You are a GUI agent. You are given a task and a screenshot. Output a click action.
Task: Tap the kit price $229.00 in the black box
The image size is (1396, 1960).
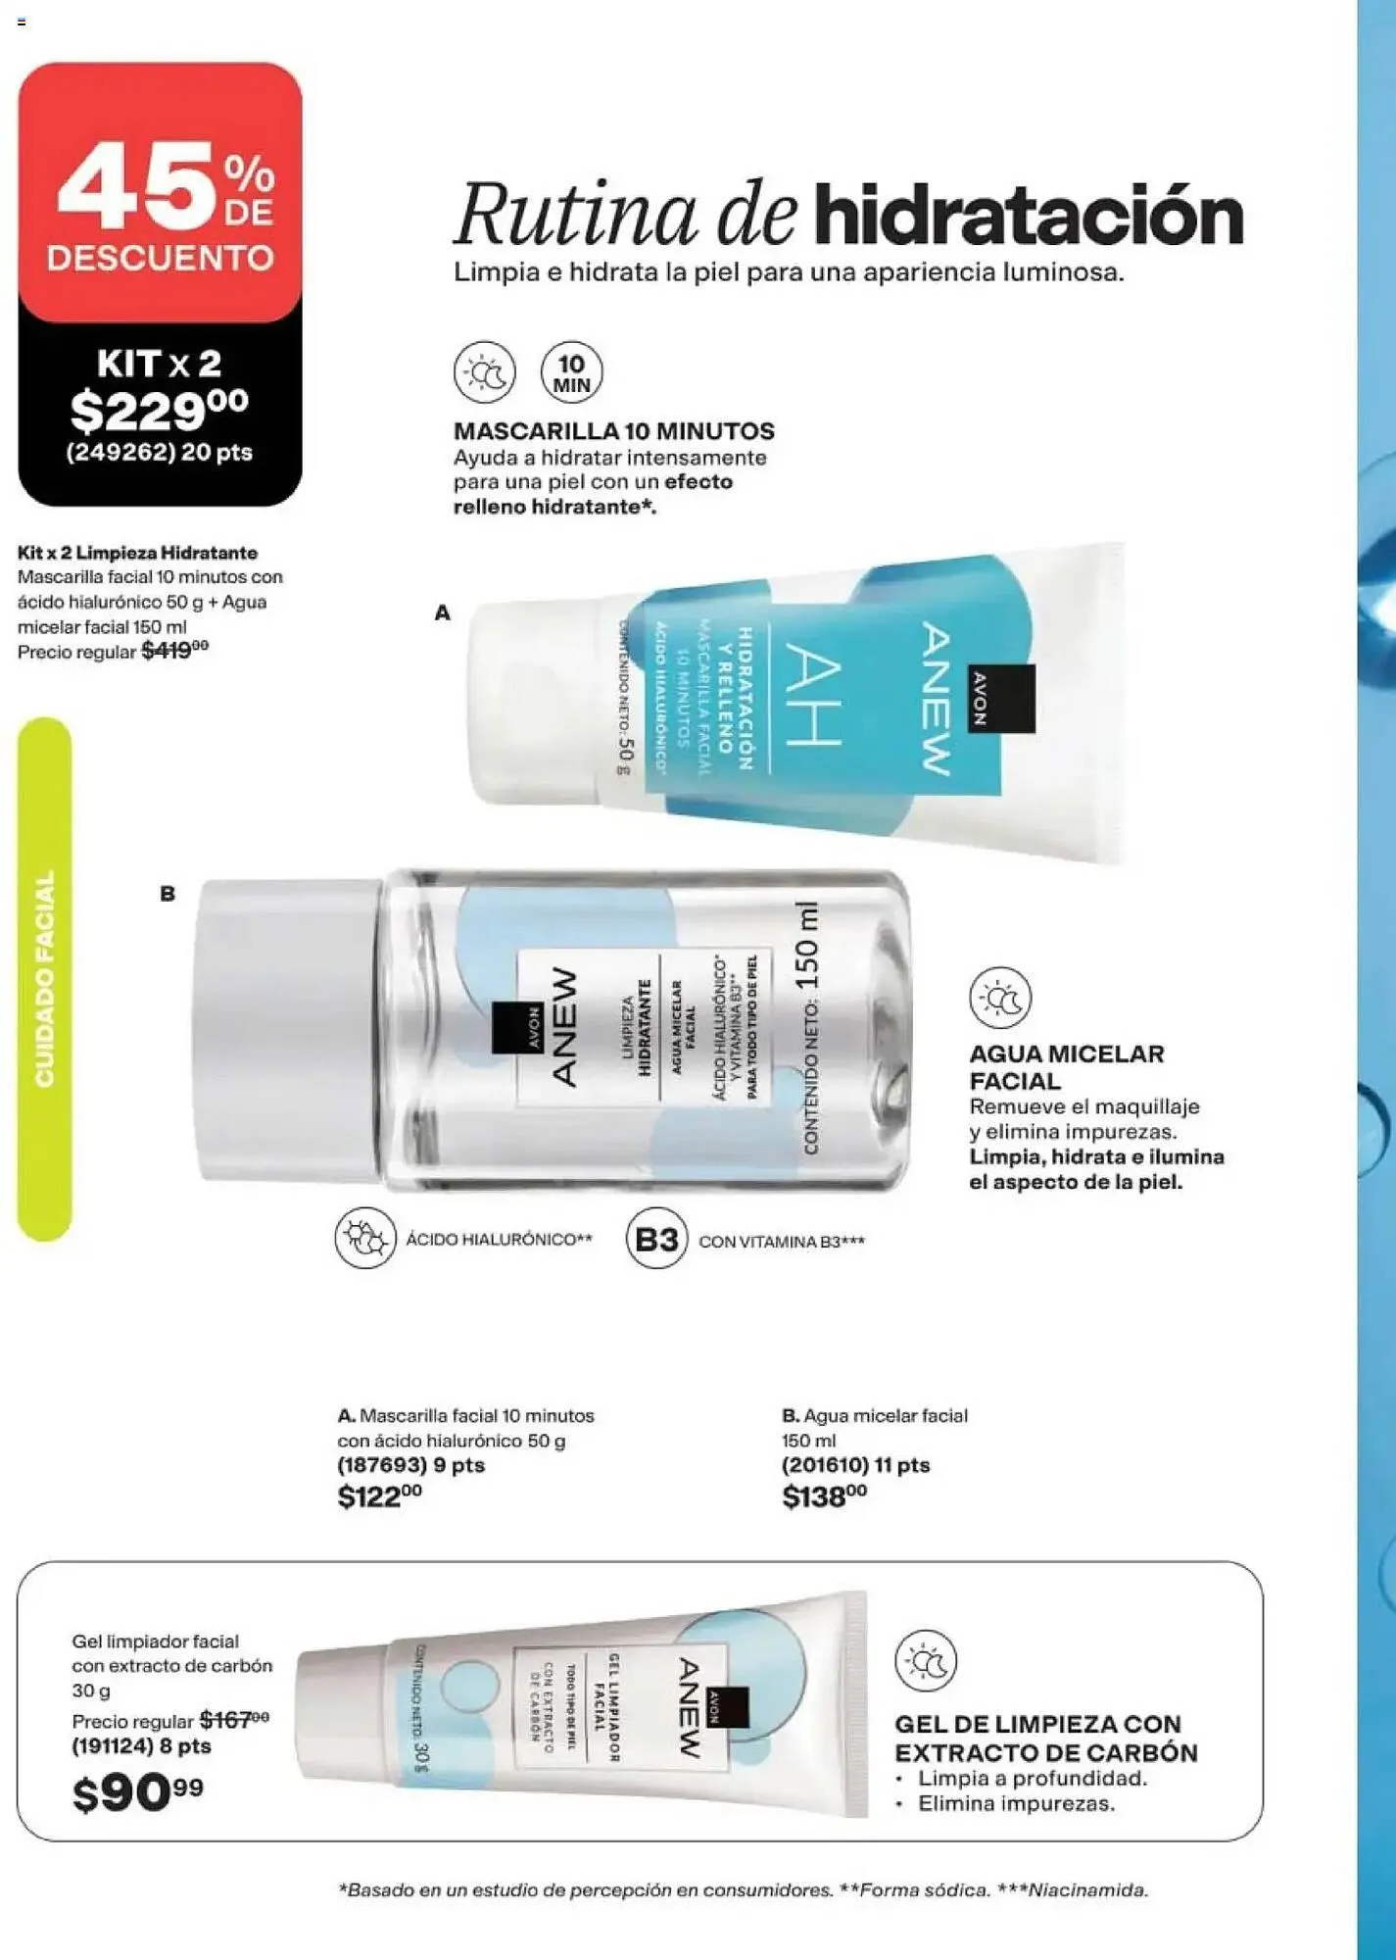[160, 410]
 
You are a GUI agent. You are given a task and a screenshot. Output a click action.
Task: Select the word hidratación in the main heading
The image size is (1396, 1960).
[1028, 215]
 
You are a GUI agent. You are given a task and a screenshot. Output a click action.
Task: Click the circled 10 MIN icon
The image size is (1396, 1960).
[572, 373]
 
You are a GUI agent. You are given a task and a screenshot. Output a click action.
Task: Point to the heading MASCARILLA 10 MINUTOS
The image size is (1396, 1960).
[613, 431]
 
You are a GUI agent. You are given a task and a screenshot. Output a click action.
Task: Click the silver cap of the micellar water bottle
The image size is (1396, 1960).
[286, 1029]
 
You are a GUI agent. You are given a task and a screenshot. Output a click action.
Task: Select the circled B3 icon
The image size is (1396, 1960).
[656, 1239]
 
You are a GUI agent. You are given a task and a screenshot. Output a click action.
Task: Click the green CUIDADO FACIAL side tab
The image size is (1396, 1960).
[45, 979]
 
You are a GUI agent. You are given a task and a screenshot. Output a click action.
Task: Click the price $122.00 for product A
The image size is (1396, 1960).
[379, 1496]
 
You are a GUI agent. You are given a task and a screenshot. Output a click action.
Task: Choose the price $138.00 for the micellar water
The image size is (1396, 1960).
[824, 1496]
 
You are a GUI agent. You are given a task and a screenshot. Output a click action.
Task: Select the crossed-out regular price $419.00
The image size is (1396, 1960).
[174, 651]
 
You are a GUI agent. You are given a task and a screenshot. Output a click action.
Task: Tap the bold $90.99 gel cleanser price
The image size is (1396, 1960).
[137, 1793]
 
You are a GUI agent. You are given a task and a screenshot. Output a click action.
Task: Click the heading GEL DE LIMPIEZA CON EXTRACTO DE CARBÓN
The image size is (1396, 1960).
[1045, 1738]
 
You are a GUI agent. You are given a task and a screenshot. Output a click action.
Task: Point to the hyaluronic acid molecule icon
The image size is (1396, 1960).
[365, 1239]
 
